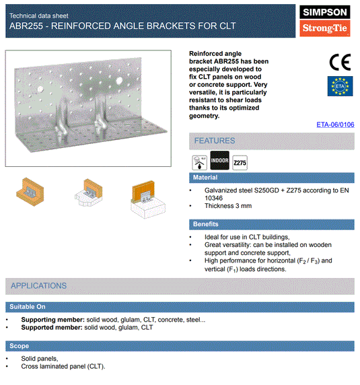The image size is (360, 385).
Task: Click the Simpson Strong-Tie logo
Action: point(325,21)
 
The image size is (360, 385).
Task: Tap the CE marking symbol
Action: point(339,62)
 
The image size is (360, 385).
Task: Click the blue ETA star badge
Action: point(339,86)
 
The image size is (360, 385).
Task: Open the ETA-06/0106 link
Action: point(335,125)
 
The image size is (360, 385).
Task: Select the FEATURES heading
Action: point(215,141)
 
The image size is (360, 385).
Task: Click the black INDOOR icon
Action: point(220,162)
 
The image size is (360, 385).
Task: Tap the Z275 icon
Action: point(240,162)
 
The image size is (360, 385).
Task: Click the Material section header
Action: point(205,178)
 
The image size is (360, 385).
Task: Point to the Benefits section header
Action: point(205,223)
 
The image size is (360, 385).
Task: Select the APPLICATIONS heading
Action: point(38,285)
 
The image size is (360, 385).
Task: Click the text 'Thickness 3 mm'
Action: point(228,206)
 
